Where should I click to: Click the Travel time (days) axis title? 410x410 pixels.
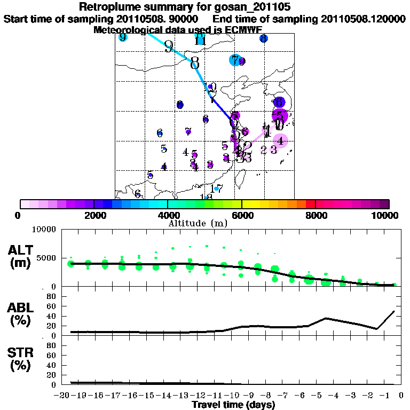(233, 405)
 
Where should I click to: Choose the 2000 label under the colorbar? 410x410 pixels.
(93, 215)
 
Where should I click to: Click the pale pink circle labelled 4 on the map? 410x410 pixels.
(281, 141)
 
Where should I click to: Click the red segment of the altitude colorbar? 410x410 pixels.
(310, 204)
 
